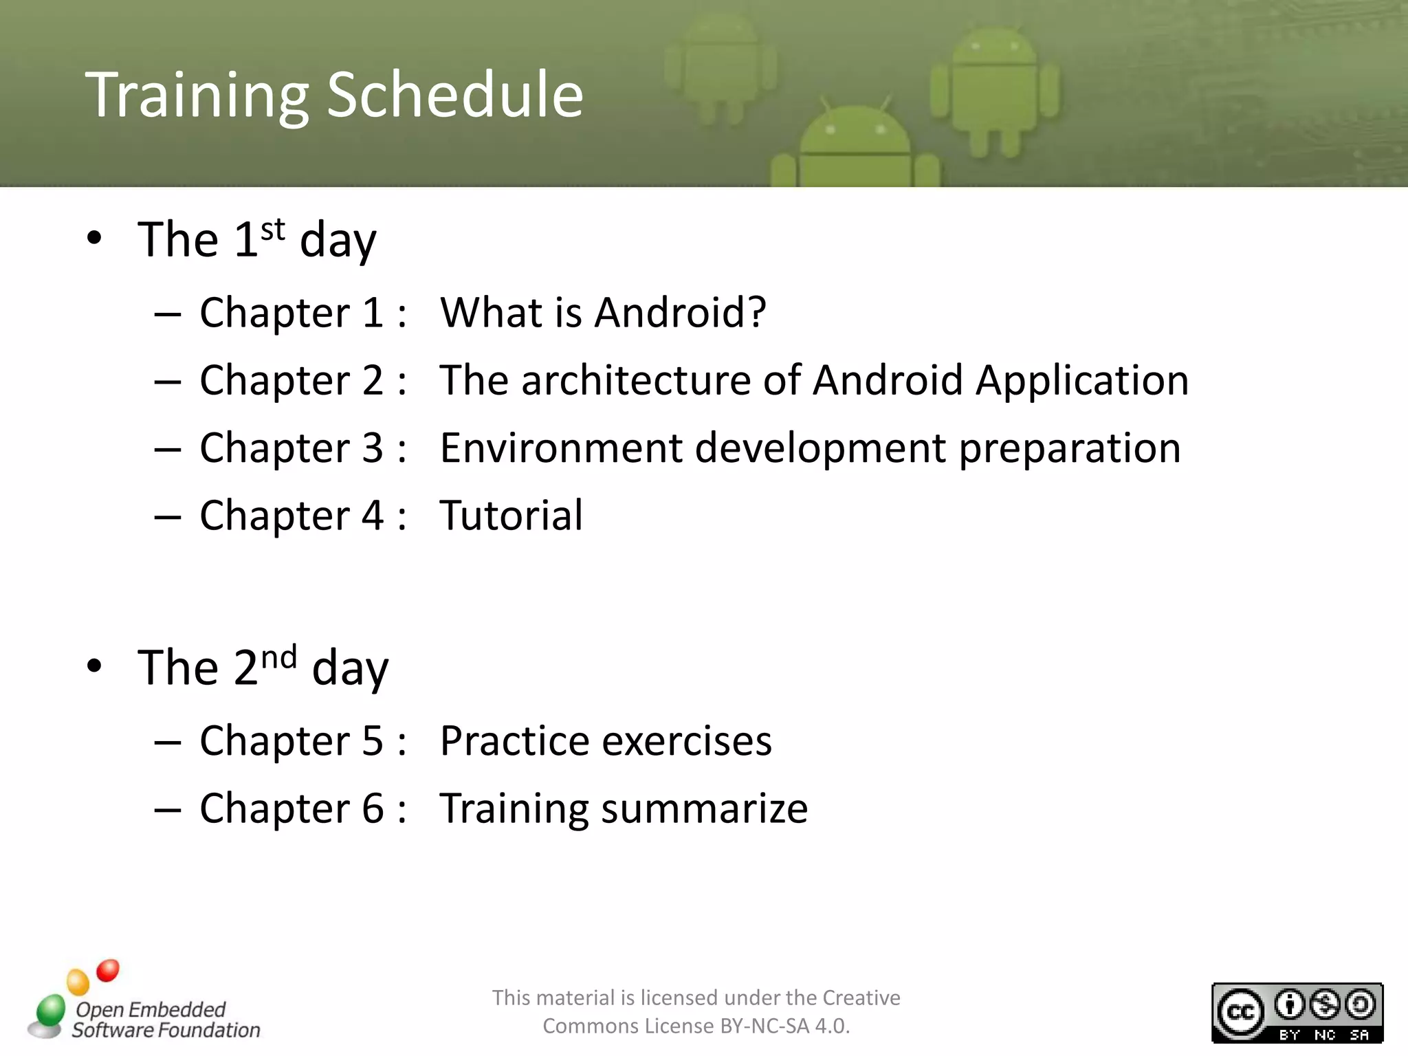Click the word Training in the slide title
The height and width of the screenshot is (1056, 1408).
[197, 96]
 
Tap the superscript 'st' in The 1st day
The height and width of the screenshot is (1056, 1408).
[273, 229]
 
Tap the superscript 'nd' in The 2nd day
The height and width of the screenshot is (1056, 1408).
[279, 657]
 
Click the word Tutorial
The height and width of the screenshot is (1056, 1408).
[511, 515]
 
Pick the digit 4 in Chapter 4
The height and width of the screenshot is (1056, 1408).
[372, 515]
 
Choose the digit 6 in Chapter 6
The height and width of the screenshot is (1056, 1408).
[372, 808]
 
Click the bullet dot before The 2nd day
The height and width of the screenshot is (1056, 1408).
[95, 665]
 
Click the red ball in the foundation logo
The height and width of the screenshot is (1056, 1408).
[108, 970]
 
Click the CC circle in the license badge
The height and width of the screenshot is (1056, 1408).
[1240, 1012]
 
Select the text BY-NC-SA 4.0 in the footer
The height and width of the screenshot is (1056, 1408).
[784, 1026]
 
